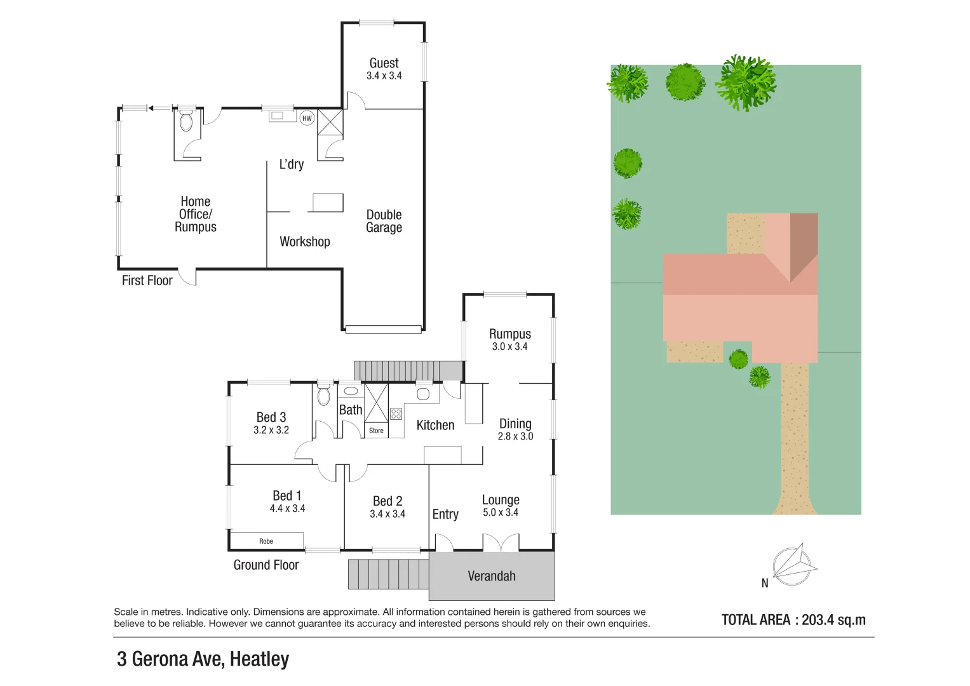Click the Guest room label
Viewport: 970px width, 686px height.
pyautogui.click(x=384, y=63)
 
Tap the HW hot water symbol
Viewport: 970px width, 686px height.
pyautogui.click(x=307, y=118)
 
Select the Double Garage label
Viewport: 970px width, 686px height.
pyautogui.click(x=384, y=221)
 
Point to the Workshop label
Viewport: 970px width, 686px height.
pyautogui.click(x=305, y=241)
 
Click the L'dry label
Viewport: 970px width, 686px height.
pyautogui.click(x=292, y=165)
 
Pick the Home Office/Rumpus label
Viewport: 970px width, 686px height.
pyautogui.click(x=196, y=214)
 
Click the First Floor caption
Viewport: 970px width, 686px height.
pyautogui.click(x=147, y=281)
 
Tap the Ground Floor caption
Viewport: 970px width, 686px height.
pyautogui.click(x=266, y=565)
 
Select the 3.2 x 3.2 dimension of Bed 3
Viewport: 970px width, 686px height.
pyautogui.click(x=271, y=430)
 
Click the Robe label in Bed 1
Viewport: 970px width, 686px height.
pyautogui.click(x=266, y=541)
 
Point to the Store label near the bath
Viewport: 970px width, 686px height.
pyautogui.click(x=376, y=431)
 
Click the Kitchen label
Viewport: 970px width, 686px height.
pyautogui.click(x=435, y=426)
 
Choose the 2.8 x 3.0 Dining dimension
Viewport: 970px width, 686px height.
pyautogui.click(x=515, y=436)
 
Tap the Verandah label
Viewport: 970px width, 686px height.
pyautogui.click(x=492, y=576)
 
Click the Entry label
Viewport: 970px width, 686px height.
pyautogui.click(x=445, y=514)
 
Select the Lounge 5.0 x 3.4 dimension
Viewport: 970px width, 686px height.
pyautogui.click(x=501, y=513)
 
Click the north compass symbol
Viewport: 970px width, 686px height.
pyautogui.click(x=793, y=565)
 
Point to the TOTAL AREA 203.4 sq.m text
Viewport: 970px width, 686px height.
pyautogui.click(x=793, y=620)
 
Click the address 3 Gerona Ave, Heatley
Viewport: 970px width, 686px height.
pyautogui.click(x=203, y=659)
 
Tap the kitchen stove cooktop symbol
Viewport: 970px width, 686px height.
pyautogui.click(x=396, y=414)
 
